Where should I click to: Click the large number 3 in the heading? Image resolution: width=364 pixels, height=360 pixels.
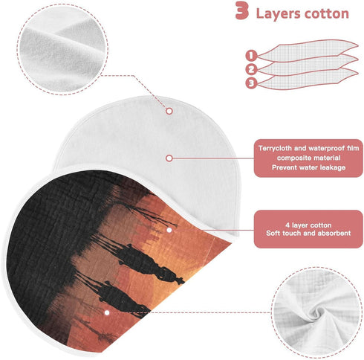pos(242,10)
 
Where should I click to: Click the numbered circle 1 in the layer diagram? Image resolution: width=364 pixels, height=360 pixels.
pos(251,55)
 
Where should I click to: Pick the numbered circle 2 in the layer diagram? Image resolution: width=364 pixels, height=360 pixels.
pos(251,69)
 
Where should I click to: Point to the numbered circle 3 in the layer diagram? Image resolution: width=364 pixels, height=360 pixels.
pos(251,83)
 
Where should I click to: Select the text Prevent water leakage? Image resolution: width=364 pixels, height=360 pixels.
pos(308,167)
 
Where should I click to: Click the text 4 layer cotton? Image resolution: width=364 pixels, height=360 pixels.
pos(308,225)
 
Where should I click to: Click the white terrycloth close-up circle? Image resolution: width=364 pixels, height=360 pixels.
pos(62,49)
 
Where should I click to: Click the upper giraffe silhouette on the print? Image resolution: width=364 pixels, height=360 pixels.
pos(139,259)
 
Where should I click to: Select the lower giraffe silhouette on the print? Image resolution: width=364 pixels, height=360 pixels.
pos(113,296)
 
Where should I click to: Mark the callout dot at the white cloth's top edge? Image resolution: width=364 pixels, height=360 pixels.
pos(169,111)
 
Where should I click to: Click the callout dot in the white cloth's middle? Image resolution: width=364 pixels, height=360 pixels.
pos(169,158)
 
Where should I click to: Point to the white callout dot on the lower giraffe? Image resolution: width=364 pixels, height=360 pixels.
pos(107,313)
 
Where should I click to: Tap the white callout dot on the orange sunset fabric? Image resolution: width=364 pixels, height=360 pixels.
pos(169,230)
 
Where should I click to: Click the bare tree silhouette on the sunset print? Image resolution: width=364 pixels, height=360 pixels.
pos(149,214)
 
